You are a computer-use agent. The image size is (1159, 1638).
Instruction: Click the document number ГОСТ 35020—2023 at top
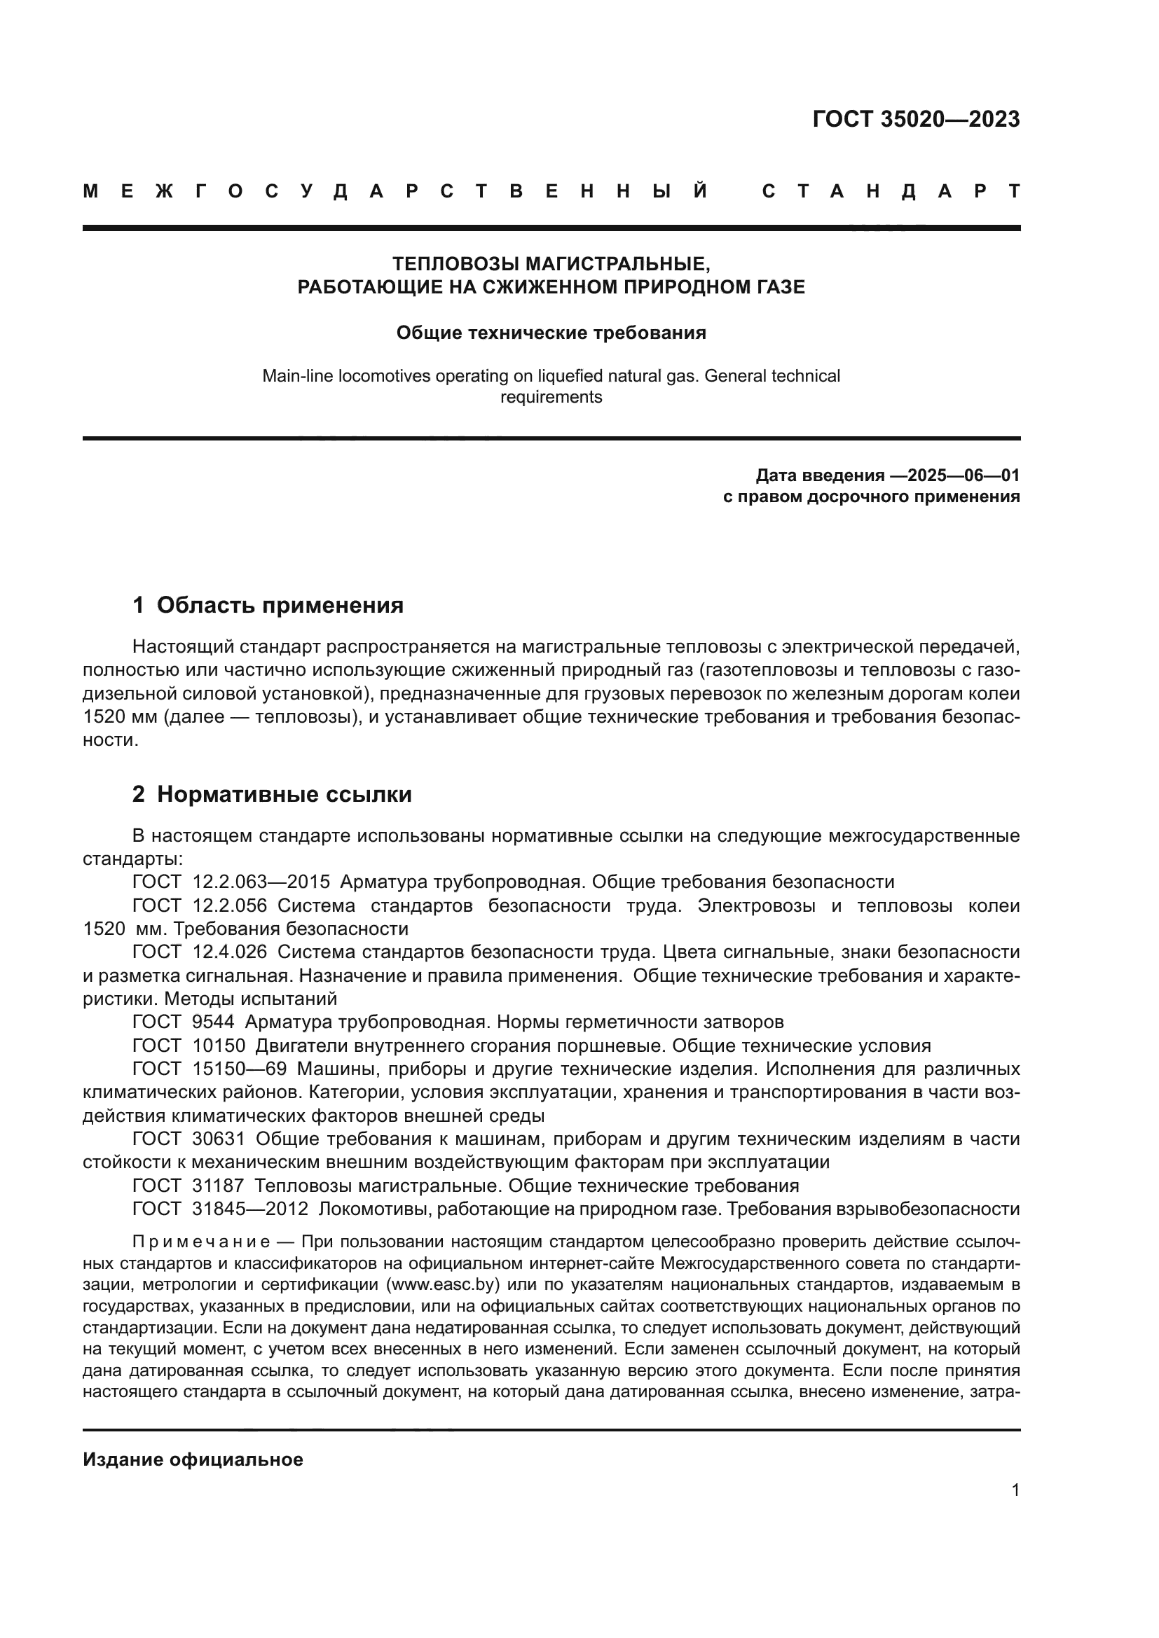pos(916,119)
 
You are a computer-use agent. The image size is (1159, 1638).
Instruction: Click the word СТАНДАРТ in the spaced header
pos(891,191)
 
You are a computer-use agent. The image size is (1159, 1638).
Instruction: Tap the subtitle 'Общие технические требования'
pos(551,333)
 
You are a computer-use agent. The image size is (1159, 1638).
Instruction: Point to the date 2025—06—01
pos(963,475)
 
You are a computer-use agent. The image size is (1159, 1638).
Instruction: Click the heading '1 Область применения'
pos(268,605)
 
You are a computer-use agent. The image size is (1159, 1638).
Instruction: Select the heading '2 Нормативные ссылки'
pos(272,794)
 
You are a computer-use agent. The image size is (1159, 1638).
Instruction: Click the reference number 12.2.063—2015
pos(261,882)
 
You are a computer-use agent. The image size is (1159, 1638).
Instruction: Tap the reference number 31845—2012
pos(249,1209)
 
